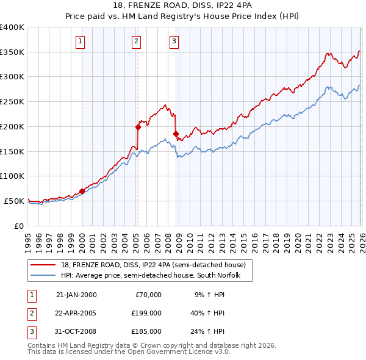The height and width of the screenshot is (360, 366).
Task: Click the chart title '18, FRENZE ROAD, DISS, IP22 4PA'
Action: click(183, 5)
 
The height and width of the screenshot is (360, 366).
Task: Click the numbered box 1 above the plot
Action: click(81, 41)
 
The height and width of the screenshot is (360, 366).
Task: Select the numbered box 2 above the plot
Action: click(135, 41)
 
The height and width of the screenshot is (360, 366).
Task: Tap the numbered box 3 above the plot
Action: click(174, 41)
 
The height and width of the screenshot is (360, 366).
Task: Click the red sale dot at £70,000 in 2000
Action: click(82, 191)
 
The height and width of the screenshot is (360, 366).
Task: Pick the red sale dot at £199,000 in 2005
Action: click(138, 127)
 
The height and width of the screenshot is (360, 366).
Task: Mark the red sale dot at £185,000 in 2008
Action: click(176, 134)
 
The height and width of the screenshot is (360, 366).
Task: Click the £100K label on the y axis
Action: click(12, 176)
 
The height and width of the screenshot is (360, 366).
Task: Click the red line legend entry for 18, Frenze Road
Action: click(152, 265)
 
